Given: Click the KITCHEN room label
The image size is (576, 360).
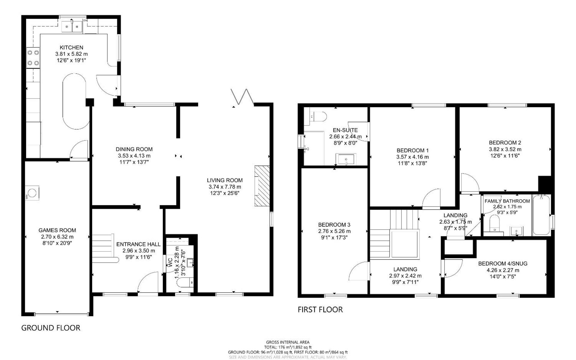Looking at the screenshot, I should click(71, 47).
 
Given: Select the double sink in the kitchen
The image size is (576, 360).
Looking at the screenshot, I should click(72, 26).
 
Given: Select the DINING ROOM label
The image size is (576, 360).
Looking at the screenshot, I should click(134, 149).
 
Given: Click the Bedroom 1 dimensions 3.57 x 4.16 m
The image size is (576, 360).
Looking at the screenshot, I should click(412, 157).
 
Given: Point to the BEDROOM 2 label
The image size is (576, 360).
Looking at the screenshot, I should click(505, 143).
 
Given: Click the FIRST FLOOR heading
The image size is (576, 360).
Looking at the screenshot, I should click(320, 310).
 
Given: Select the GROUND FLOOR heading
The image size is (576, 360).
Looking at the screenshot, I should click(51, 328).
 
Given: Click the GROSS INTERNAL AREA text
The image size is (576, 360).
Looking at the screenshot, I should click(287, 342).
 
